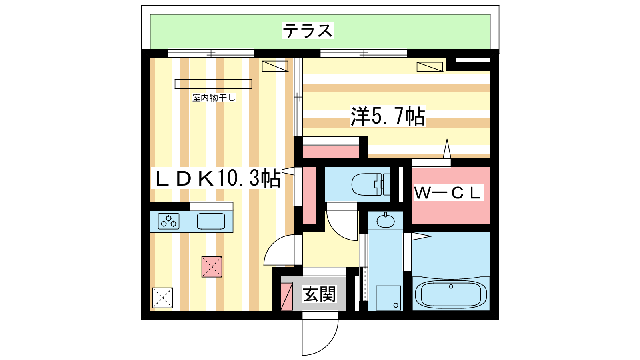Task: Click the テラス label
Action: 308,30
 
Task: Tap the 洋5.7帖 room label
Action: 388,116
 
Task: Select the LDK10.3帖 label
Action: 218,178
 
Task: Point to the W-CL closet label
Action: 448,193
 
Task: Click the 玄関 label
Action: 319,294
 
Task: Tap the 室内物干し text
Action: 214,98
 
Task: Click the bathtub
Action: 451,294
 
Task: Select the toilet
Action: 368,184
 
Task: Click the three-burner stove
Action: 168,221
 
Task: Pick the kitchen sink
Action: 211,221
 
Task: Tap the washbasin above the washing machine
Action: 386,220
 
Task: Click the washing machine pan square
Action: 388,298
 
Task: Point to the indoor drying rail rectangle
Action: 213,84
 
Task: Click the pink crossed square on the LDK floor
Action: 212,266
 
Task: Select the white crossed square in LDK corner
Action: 162,298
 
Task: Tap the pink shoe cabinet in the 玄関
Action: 287,296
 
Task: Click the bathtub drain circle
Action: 451,286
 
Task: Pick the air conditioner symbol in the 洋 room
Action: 430,67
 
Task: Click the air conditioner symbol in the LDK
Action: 275,66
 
